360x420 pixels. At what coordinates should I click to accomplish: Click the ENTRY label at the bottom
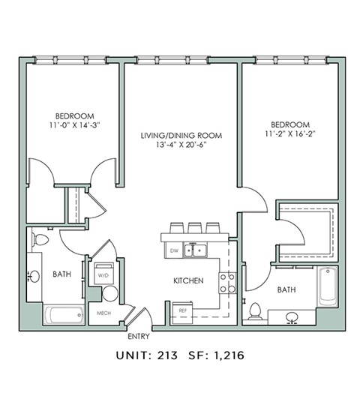[x=139, y=336]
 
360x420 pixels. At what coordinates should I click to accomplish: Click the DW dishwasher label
[x=174, y=250]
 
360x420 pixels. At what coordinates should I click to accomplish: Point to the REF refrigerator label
[x=182, y=310]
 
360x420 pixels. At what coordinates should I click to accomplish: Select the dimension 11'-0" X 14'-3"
[x=73, y=127]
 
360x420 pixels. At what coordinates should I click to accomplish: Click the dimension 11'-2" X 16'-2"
[x=289, y=134]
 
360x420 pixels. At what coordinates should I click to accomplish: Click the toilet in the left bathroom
[x=41, y=241]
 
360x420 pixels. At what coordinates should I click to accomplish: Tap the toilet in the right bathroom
[x=255, y=310]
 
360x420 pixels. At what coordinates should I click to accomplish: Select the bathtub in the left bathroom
[x=63, y=314]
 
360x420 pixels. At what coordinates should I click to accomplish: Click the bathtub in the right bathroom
[x=328, y=286]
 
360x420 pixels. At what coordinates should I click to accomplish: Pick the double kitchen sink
[x=198, y=250]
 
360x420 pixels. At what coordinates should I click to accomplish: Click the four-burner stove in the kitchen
[x=226, y=282]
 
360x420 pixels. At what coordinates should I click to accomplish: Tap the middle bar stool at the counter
[x=195, y=226]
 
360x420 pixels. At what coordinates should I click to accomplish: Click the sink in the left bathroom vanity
[x=34, y=277]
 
